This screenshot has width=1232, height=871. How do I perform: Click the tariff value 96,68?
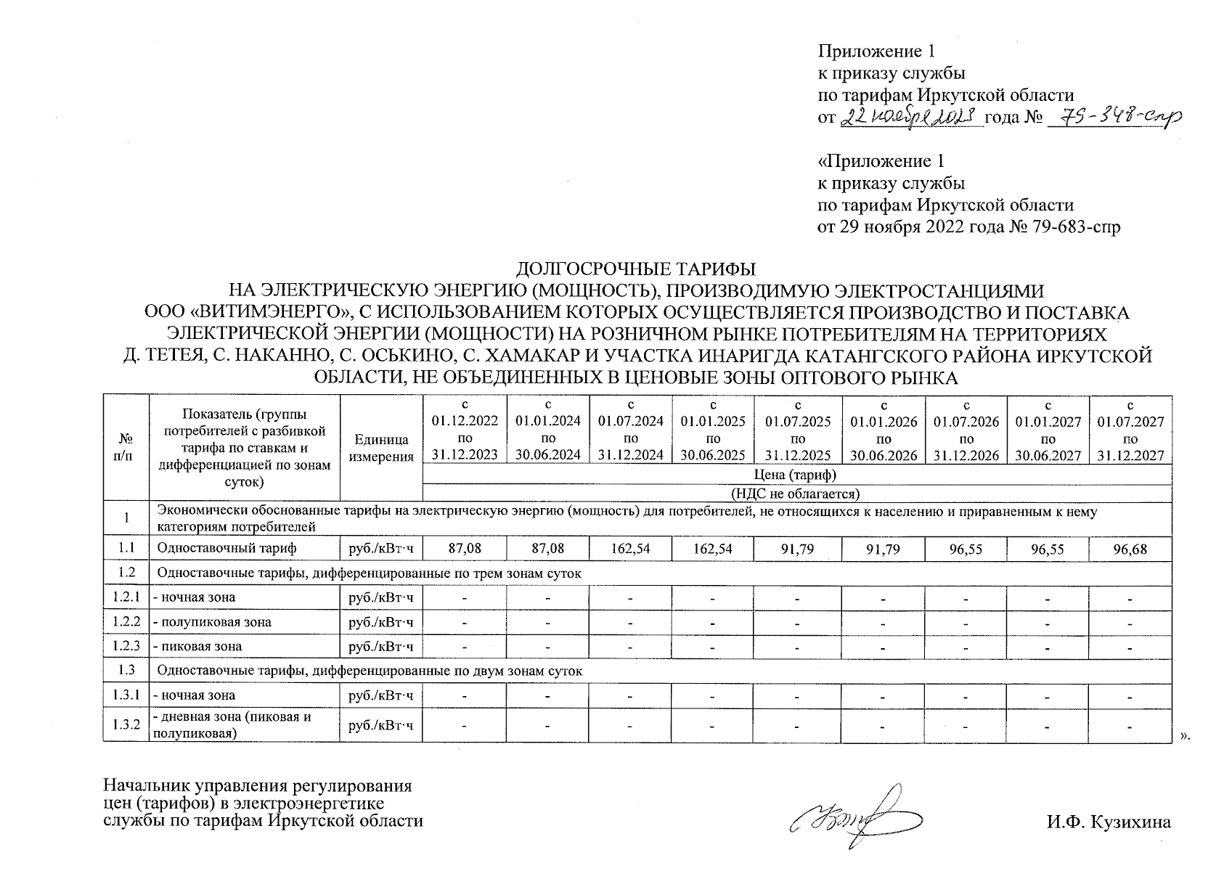(1130, 549)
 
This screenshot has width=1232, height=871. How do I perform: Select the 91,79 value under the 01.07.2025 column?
(798, 549)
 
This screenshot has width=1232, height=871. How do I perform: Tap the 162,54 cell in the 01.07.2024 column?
(630, 549)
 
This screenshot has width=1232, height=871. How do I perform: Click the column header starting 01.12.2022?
(465, 430)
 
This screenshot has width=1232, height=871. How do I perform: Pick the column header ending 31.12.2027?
(1130, 430)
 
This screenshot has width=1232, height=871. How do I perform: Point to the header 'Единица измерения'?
(381, 448)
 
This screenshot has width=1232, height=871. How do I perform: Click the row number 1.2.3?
(126, 646)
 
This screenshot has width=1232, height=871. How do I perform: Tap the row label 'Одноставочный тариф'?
(227, 549)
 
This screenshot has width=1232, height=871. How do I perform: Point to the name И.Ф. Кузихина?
(1109, 822)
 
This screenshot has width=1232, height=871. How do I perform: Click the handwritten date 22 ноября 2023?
(910, 118)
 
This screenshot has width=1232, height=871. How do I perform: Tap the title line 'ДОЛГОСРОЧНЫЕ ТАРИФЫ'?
(635, 269)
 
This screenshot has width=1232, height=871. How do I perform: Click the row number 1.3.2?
(126, 725)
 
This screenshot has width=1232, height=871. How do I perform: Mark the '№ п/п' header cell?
(126, 448)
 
